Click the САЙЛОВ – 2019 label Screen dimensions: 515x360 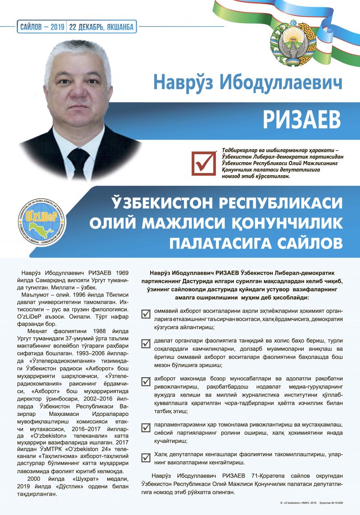(x=42, y=27)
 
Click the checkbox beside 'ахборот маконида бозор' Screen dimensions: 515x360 (x=146, y=382)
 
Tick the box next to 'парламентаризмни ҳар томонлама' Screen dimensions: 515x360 (x=146, y=427)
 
